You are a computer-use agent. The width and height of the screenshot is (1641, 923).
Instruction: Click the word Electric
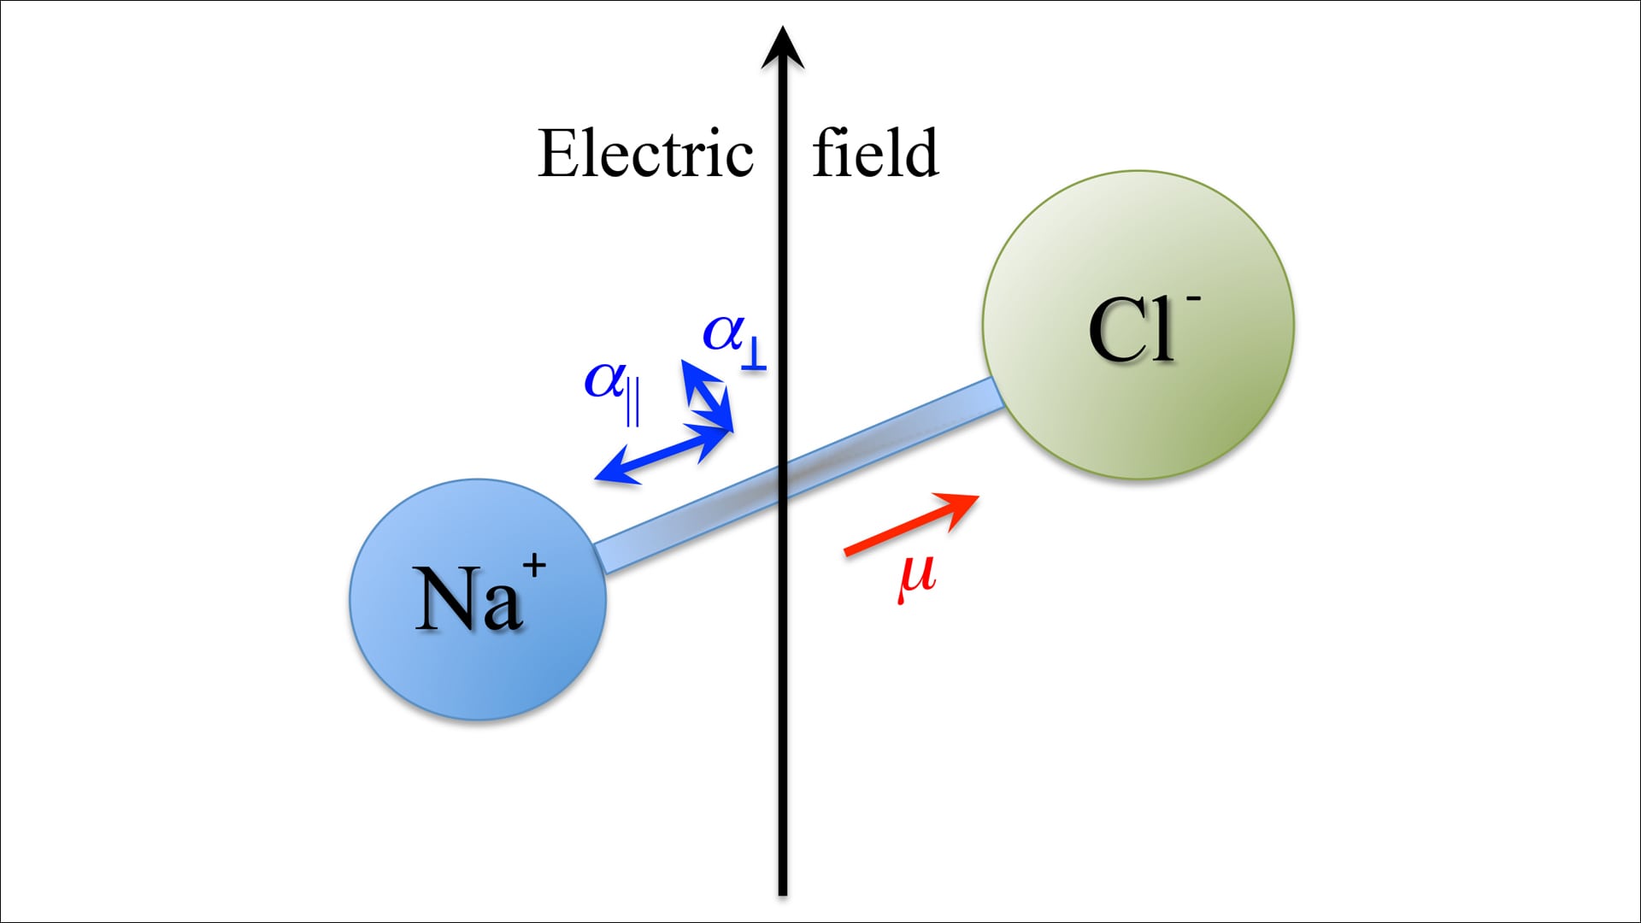point(645,155)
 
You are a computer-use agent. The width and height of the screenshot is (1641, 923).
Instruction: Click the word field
point(875,153)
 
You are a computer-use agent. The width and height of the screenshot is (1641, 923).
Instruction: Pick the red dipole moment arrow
point(909,525)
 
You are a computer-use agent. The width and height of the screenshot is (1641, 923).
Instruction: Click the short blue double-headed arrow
point(706,394)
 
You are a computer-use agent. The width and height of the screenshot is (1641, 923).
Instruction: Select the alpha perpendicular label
point(733,339)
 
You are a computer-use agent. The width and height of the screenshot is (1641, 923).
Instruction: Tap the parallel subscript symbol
point(632,406)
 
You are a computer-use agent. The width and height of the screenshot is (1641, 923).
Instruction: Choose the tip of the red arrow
point(976,497)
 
